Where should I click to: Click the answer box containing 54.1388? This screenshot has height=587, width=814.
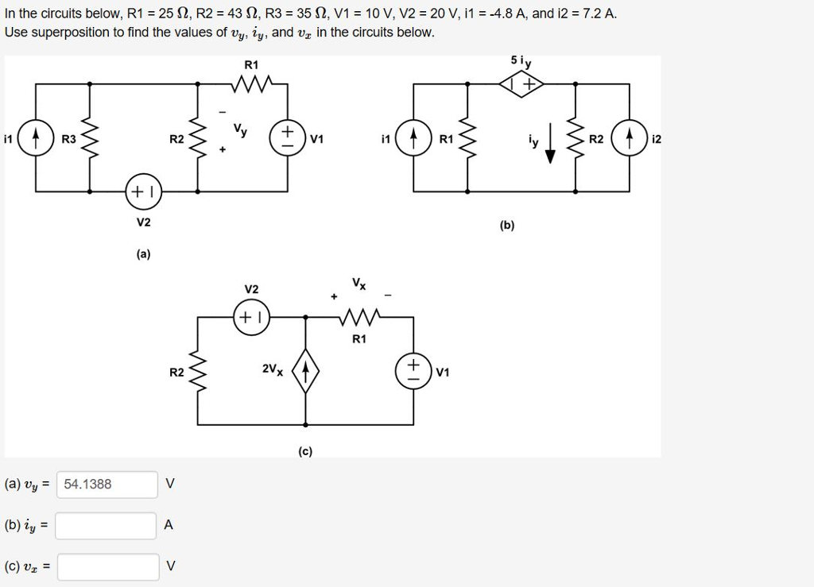(107, 485)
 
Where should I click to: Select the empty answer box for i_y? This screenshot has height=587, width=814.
(107, 525)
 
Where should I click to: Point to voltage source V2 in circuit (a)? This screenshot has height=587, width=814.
(143, 191)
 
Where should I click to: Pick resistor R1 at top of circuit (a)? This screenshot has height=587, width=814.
(252, 83)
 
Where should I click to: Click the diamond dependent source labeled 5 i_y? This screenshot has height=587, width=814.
(521, 83)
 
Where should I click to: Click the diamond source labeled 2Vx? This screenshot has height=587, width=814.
(307, 370)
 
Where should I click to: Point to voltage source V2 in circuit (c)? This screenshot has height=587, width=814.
(252, 316)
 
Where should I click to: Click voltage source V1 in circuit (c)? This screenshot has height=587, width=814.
(413, 370)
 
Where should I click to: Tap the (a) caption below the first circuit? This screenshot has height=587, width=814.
(143, 254)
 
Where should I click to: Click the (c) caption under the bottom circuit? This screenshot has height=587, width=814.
(306, 451)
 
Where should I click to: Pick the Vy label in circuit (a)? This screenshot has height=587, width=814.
(239, 129)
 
